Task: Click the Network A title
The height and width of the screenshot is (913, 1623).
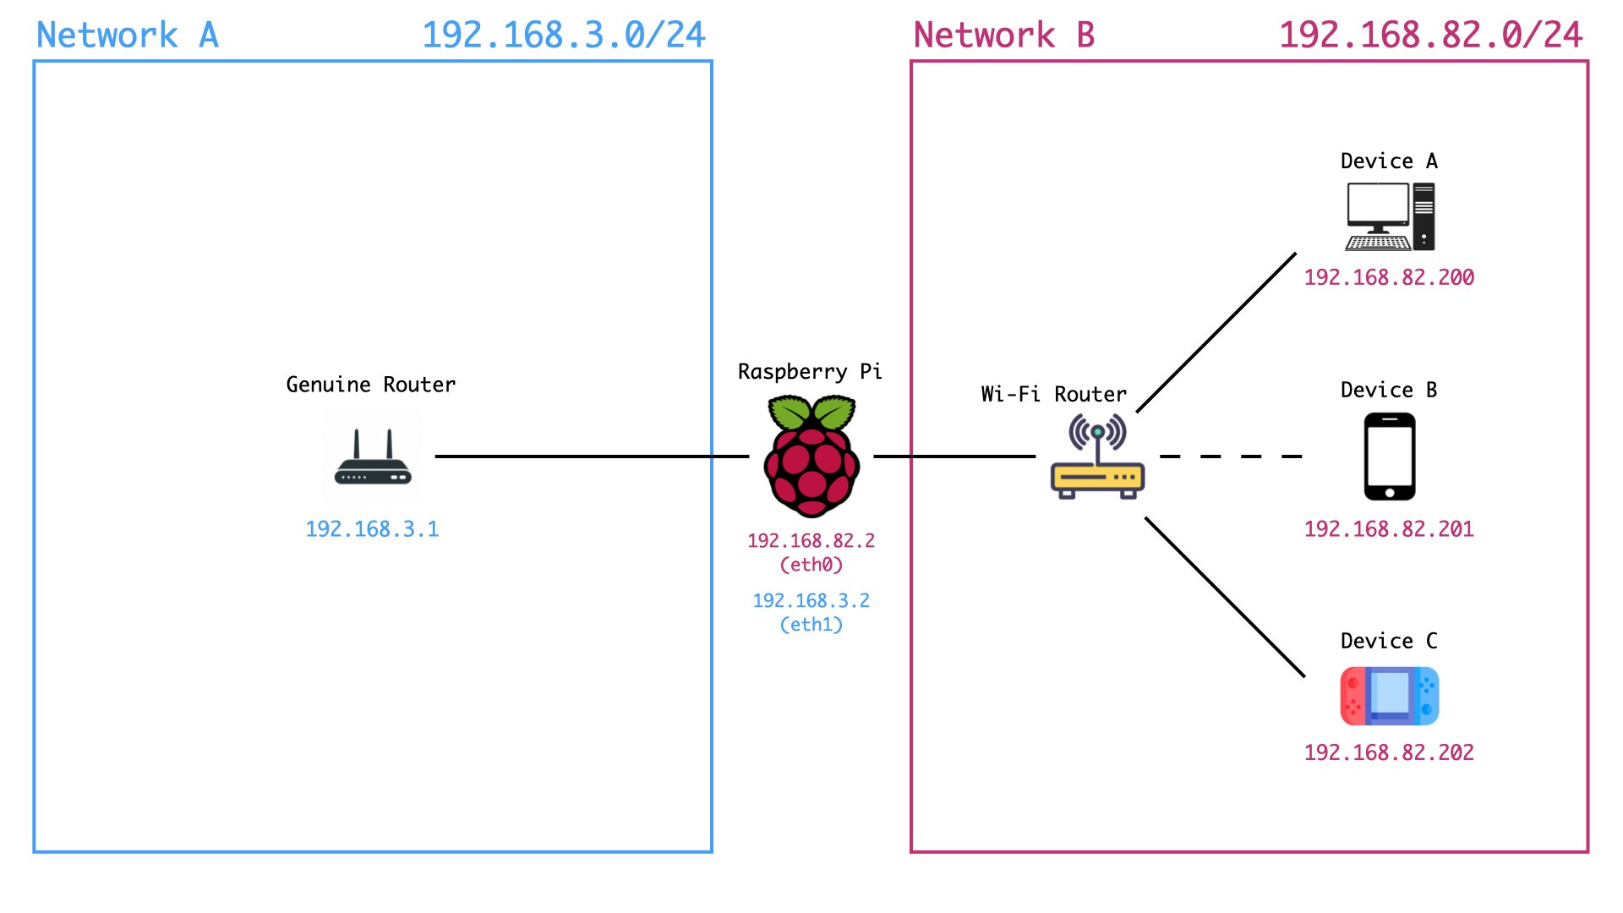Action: pyautogui.click(x=128, y=36)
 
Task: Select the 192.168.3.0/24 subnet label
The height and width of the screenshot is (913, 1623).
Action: pyautogui.click(x=564, y=36)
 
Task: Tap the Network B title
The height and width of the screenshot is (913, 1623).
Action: pyautogui.click(x=1004, y=36)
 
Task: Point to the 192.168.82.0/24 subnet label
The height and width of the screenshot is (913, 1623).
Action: pyautogui.click(x=1430, y=36)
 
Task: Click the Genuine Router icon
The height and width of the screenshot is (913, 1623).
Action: pyautogui.click(x=373, y=459)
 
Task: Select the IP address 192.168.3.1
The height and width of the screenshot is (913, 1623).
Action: pyautogui.click(x=372, y=529)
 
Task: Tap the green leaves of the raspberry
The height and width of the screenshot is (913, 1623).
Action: pyautogui.click(x=811, y=413)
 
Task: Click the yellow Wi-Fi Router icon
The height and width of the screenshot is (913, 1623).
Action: pyautogui.click(x=1097, y=461)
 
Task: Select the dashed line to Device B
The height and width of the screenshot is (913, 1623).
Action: pyautogui.click(x=1230, y=456)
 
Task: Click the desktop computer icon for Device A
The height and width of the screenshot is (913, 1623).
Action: pyautogui.click(x=1390, y=217)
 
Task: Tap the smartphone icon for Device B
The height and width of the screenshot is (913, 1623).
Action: pyautogui.click(x=1390, y=456)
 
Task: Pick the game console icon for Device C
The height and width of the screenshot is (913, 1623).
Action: pyautogui.click(x=1390, y=697)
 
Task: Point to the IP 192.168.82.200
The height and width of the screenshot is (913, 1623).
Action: pyautogui.click(x=1389, y=277)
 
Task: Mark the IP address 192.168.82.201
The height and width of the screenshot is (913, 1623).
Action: pyautogui.click(x=1389, y=529)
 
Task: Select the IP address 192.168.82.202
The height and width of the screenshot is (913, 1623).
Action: pyautogui.click(x=1389, y=752)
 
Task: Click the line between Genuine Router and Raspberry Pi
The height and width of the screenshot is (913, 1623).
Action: pyautogui.click(x=592, y=456)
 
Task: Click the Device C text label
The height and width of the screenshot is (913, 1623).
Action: pyautogui.click(x=1389, y=641)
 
